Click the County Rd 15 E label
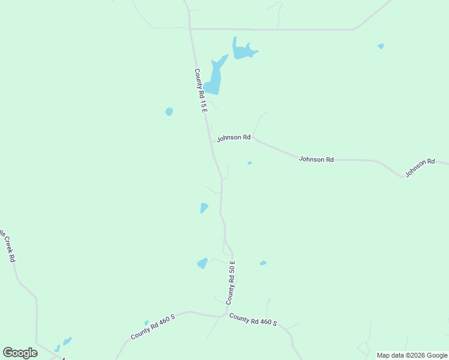coord(200,91)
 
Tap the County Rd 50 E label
coord(231,282)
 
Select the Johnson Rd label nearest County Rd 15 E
coord(234,137)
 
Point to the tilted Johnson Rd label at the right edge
coord(419,167)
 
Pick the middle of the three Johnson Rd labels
coord(316,160)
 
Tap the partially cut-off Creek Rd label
coord(7,246)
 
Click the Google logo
coord(20,353)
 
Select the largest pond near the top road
coord(243,50)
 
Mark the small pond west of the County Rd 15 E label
coord(169,112)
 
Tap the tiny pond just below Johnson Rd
coord(249,163)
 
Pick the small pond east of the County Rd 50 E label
coord(263,263)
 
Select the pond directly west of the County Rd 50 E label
coord(202,263)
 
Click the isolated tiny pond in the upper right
coord(381,46)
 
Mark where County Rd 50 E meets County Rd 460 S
coord(226,314)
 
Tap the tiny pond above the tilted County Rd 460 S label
coord(146,323)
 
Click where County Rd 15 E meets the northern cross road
coord(190,28)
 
